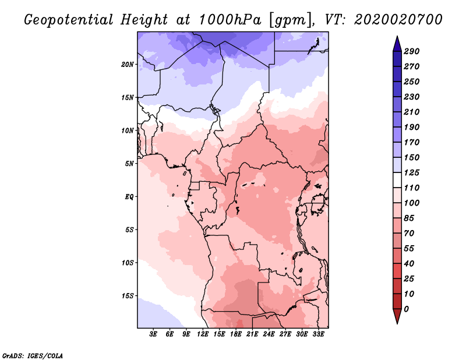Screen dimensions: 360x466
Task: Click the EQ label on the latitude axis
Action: (129, 196)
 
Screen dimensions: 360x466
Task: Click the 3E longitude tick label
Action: (154, 334)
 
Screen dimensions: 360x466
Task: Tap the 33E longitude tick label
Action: (318, 334)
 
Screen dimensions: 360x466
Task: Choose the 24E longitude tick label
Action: (269, 334)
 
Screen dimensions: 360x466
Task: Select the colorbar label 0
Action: (407, 309)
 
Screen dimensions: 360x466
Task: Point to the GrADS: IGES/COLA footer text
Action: (32, 355)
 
